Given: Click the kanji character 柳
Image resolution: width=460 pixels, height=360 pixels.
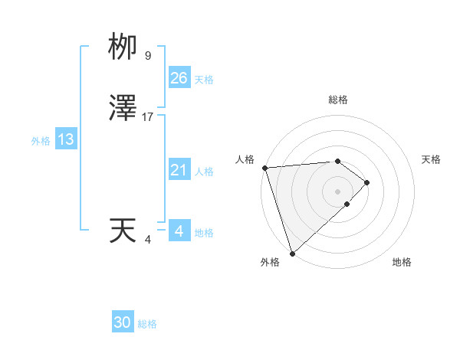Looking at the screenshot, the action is click(x=123, y=47).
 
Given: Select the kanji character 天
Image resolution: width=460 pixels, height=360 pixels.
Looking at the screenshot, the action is click(x=123, y=231).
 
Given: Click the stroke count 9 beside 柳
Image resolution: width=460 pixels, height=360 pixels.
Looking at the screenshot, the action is click(x=148, y=56).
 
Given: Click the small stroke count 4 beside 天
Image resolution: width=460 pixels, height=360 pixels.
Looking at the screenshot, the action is click(x=148, y=240).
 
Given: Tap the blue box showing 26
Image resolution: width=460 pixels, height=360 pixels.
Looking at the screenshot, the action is click(x=179, y=77).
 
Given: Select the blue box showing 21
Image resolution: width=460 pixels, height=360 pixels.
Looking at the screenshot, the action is click(x=179, y=170).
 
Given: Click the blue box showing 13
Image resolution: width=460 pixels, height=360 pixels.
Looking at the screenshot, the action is click(x=65, y=139).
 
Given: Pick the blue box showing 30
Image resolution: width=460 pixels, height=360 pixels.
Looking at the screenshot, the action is click(x=123, y=322).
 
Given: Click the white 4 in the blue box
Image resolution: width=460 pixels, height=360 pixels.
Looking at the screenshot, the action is click(x=179, y=231).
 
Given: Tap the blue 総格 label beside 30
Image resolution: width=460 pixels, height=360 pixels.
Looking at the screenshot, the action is click(x=147, y=324).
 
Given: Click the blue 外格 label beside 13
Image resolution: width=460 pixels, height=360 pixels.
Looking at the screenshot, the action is click(x=41, y=141).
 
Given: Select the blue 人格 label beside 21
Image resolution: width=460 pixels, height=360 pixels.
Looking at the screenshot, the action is click(x=205, y=172).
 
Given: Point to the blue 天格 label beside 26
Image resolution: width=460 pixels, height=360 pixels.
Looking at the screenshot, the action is click(x=205, y=80).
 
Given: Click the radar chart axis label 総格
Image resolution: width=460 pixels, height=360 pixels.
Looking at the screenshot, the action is click(x=337, y=100).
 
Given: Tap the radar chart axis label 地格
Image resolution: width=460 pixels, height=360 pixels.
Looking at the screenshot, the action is click(x=402, y=262).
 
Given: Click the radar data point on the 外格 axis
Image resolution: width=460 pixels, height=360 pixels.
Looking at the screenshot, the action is click(x=291, y=252).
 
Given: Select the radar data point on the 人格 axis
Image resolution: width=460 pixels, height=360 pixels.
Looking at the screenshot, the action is click(x=264, y=168).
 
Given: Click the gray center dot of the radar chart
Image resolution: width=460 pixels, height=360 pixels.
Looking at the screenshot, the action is click(x=337, y=190).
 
